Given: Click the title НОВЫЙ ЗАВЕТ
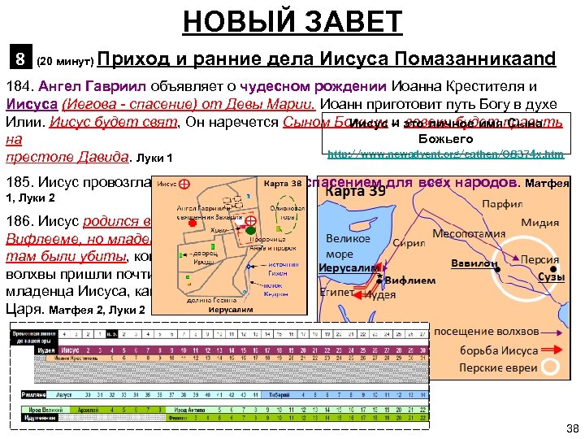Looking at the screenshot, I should [292, 21].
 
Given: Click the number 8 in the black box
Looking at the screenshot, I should [19, 59].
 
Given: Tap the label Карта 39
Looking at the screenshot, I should [356, 193].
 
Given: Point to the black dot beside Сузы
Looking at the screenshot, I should [553, 269].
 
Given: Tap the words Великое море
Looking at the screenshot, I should [348, 246].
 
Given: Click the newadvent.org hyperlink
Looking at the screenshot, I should [444, 154].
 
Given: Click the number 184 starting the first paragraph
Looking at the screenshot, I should [18, 86].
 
